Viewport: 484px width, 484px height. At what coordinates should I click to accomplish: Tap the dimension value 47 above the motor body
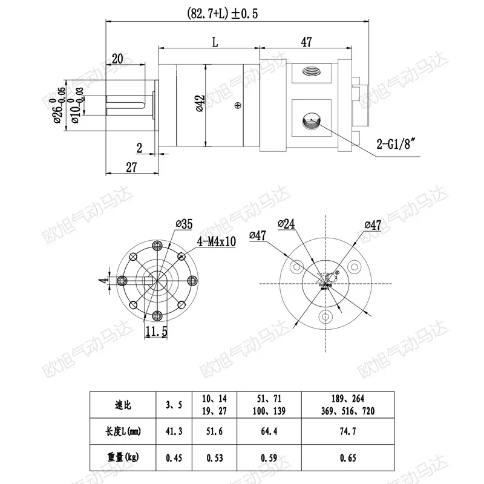306,42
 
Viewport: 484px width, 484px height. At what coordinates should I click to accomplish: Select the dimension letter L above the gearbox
215,42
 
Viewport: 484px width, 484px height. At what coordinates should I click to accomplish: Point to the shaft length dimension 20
117,58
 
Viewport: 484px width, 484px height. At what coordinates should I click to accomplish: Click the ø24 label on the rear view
286,224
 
